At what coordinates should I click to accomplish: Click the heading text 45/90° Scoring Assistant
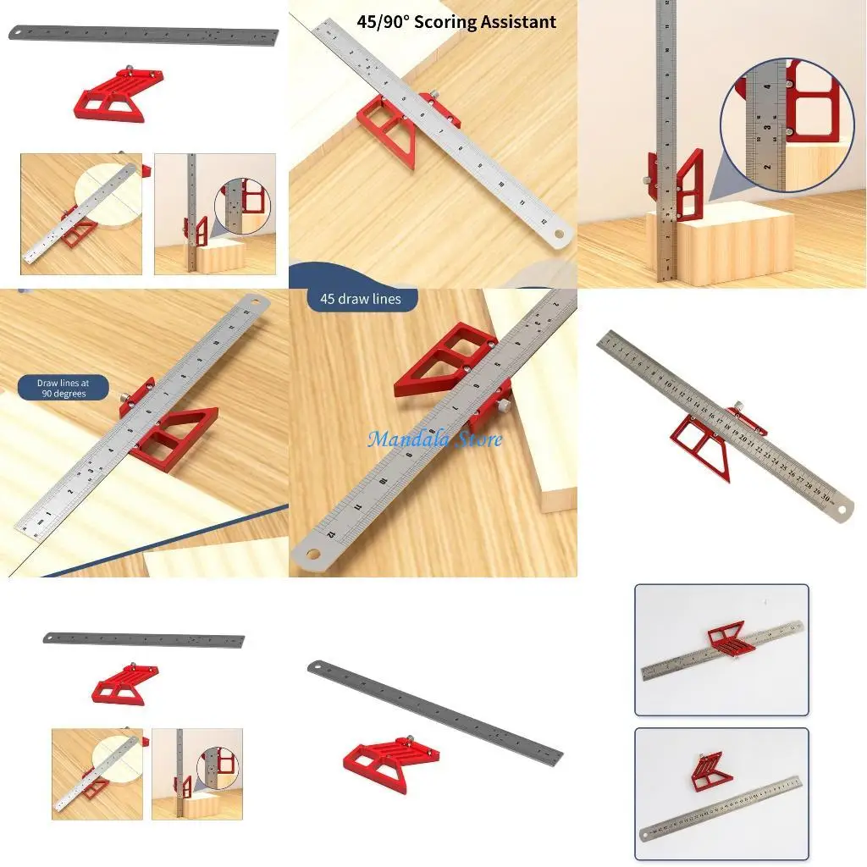(x=457, y=22)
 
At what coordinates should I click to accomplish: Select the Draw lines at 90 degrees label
(x=62, y=388)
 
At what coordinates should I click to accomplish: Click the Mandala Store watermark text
(x=434, y=439)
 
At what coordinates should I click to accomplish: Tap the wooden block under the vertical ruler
(x=720, y=246)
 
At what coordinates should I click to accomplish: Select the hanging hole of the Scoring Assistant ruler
(x=558, y=233)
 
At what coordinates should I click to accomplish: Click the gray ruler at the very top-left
(x=144, y=36)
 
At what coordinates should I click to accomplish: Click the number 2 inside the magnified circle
(x=766, y=166)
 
